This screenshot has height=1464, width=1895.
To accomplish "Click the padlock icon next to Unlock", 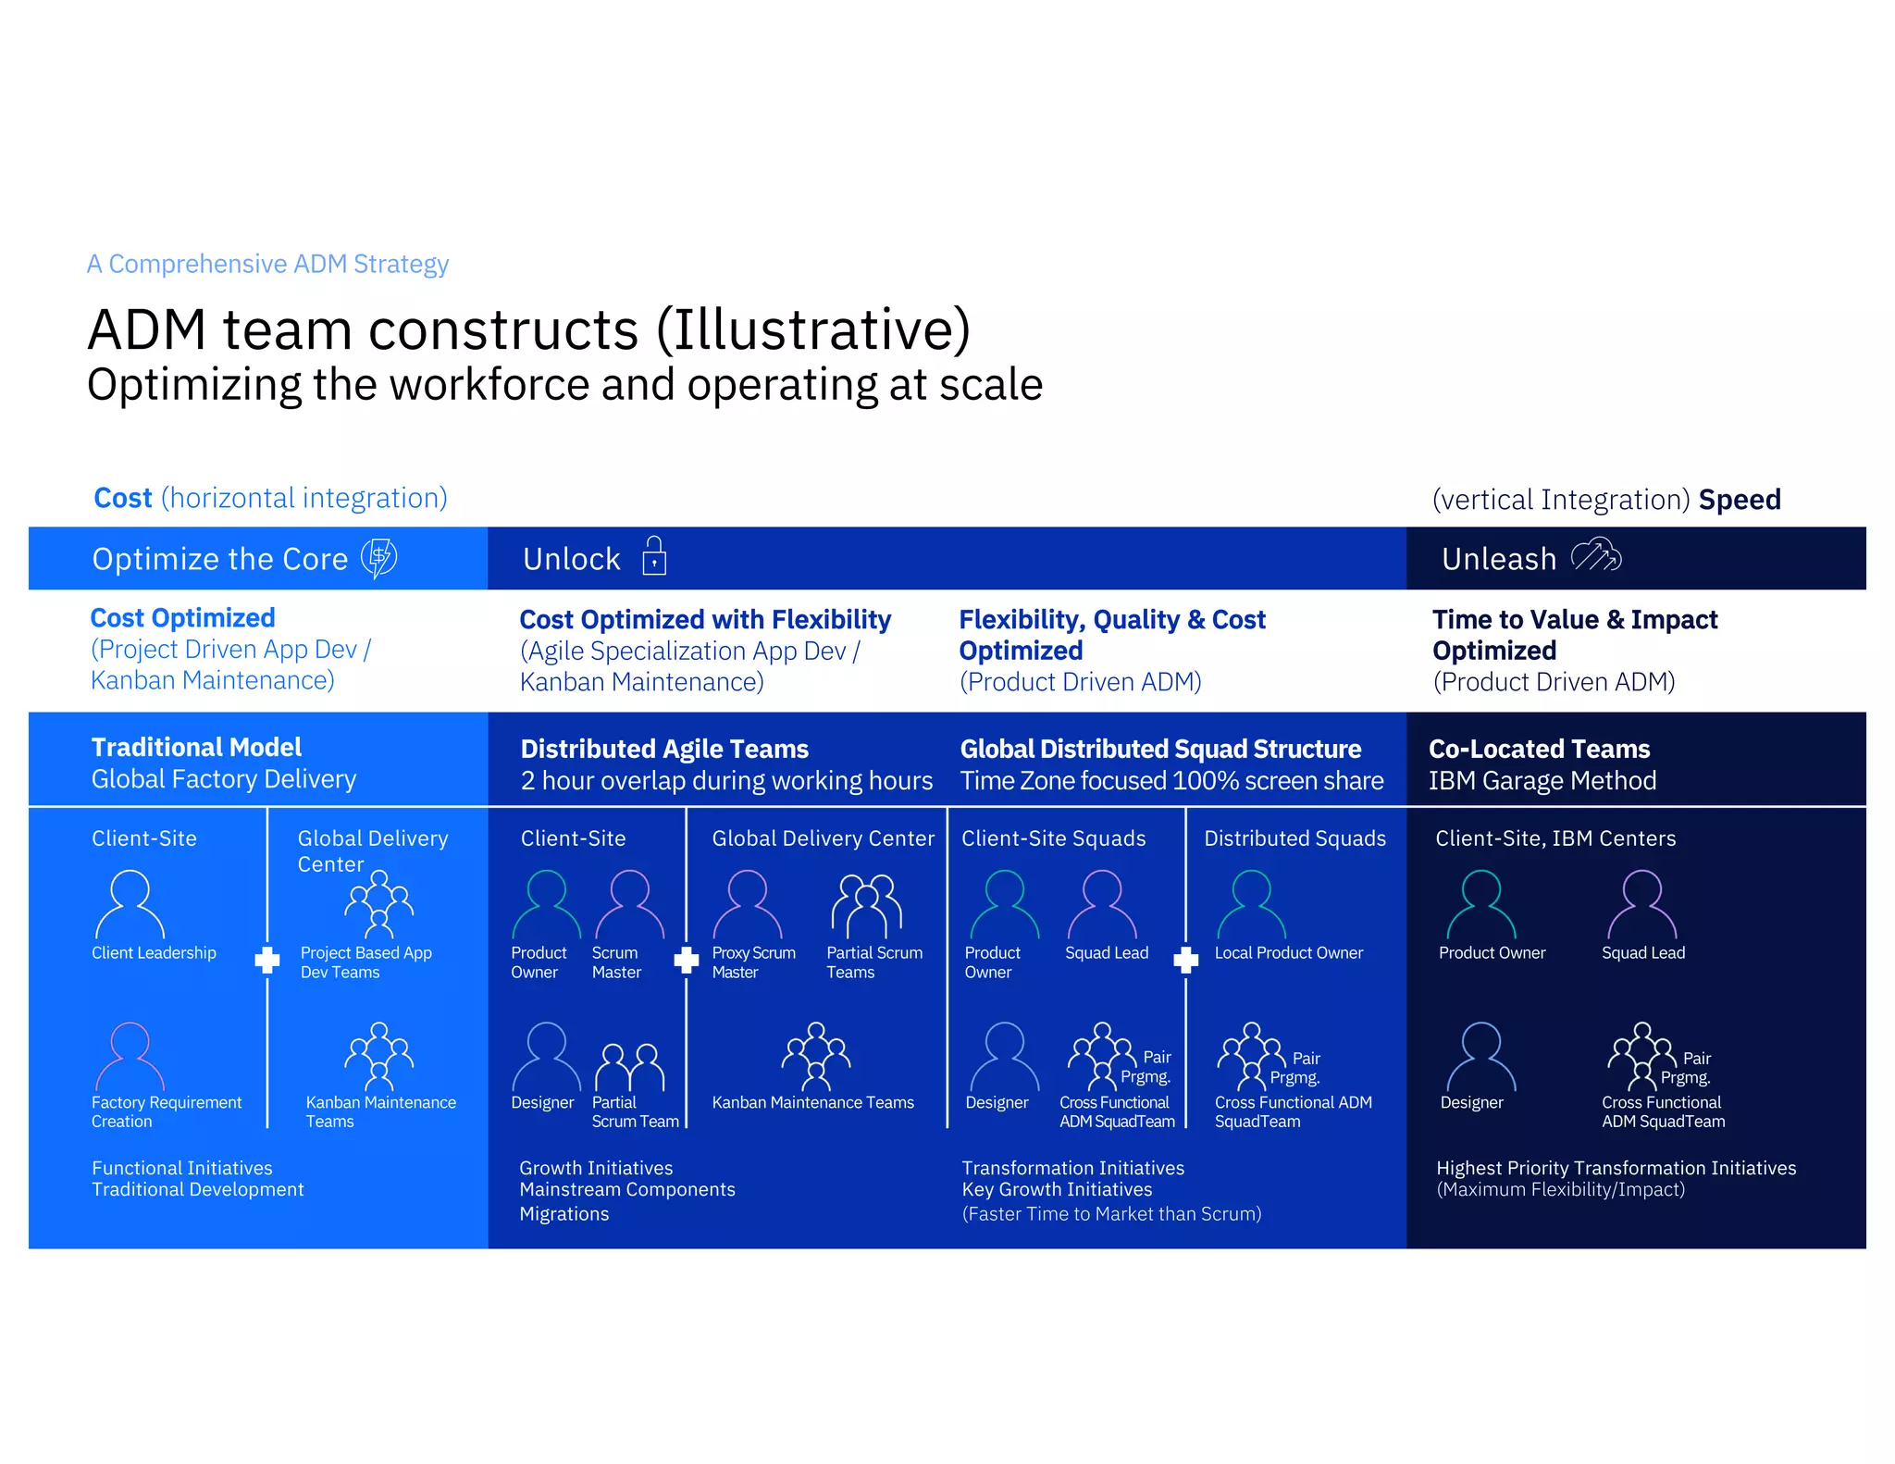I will pos(654,556).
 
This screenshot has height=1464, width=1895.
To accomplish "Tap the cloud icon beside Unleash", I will pos(1596,556).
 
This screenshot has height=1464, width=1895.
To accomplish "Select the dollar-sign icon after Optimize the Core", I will pos(378,558).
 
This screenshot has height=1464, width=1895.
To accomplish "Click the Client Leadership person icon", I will pos(130,904).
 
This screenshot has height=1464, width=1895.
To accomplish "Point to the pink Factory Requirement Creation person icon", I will pos(130,1057).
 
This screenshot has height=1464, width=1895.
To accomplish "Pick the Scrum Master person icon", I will pos(629,904).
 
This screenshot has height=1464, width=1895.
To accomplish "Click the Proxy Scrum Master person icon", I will pos(747,904).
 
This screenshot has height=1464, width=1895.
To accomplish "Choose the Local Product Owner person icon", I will pos(1251,904).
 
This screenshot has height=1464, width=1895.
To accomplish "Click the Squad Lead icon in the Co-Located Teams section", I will pos(1641,904).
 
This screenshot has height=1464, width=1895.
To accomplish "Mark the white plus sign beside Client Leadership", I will pos(267,960).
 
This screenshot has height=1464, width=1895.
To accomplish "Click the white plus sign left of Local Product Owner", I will pos(1185,960).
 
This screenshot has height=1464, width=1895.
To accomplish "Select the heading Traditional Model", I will pos(196,747).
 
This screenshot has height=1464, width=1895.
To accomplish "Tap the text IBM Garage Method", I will pos(1542,781).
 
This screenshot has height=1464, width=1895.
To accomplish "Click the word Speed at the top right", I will pos(1740,500).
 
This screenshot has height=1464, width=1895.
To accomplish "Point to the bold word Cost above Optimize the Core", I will pos(122,498).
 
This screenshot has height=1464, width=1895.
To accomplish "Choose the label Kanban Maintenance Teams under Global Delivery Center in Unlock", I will pos(812,1102).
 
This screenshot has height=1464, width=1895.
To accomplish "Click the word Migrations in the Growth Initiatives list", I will pos(564,1214).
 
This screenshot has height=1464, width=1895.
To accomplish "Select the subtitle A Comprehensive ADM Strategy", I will pos(267,264).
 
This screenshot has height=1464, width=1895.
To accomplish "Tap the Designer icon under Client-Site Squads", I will pos(1004,1057).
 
